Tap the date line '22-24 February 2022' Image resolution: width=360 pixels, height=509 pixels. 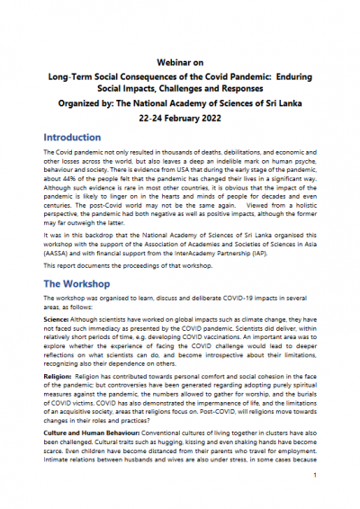coord(179,116)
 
